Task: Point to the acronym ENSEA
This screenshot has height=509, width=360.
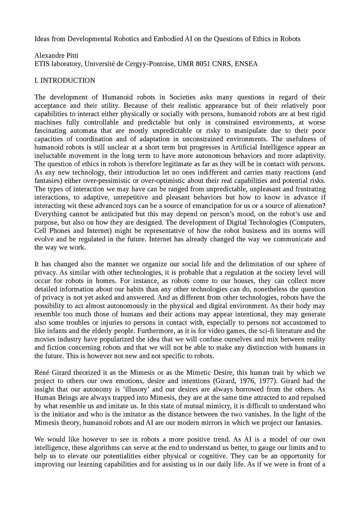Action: coord(246,64)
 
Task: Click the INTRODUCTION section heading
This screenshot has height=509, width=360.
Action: coord(68,80)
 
